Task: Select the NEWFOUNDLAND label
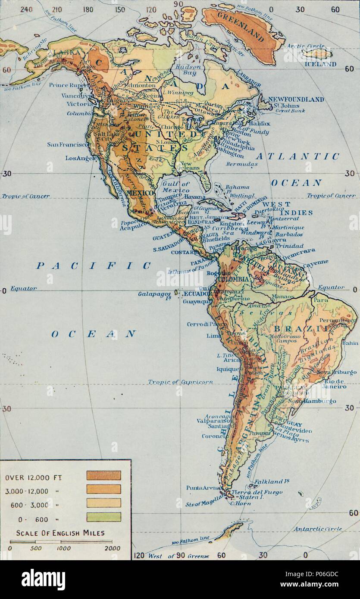[x=296, y=100]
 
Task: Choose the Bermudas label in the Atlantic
[x=244, y=164]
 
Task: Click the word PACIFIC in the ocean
[x=93, y=265]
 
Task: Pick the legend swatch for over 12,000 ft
[x=103, y=475]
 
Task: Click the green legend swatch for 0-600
[x=103, y=517]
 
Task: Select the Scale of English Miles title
[x=61, y=533]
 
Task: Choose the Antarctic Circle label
[x=318, y=528]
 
